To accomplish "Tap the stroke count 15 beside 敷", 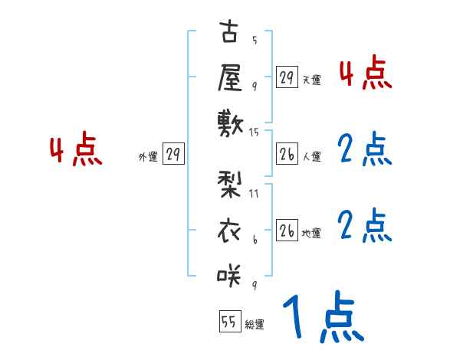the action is [x=255, y=133].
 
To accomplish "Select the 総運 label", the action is [x=255, y=325].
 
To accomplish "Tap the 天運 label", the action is [x=311, y=80].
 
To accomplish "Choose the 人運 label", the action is [x=311, y=156].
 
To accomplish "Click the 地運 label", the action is [x=311, y=233].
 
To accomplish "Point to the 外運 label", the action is [x=148, y=157].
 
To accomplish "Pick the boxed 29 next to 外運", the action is [x=172, y=154].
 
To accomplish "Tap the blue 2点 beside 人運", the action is [x=365, y=149].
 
